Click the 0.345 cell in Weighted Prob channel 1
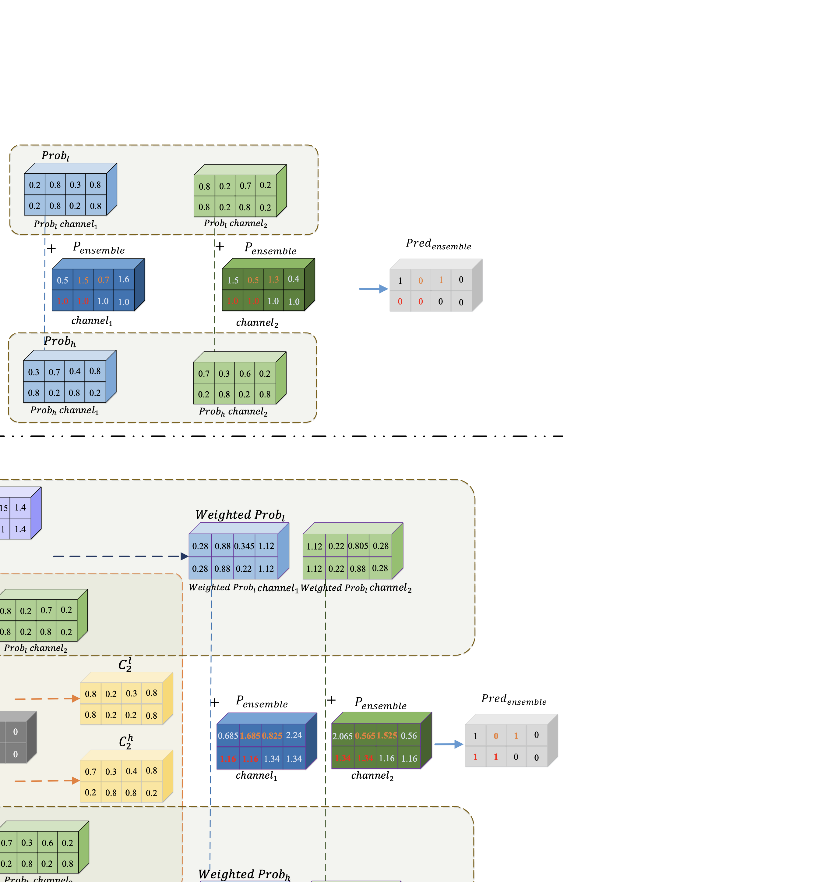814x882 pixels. (x=244, y=546)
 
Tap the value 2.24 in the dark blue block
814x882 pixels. (x=294, y=735)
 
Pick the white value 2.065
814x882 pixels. (x=342, y=736)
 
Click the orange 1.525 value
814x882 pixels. (x=387, y=735)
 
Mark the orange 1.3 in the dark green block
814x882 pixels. (x=273, y=280)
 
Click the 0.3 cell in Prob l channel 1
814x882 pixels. (x=75, y=185)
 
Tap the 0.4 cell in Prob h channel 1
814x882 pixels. (x=75, y=371)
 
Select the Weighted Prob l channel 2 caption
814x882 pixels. (x=356, y=588)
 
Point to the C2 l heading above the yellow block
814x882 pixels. (x=125, y=665)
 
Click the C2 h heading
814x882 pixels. (x=126, y=742)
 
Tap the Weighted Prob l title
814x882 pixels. (x=240, y=515)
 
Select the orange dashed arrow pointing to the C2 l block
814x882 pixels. (x=47, y=699)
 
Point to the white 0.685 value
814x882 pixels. (x=228, y=736)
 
